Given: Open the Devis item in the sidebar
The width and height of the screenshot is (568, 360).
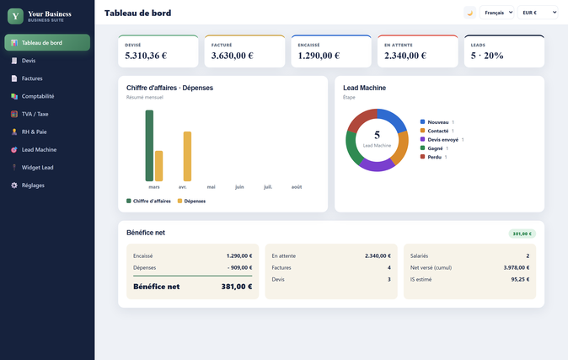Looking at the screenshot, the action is click(x=29, y=61).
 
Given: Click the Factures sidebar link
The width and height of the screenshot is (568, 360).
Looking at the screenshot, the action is click(x=32, y=78).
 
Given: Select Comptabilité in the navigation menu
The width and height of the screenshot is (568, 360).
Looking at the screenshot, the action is click(x=38, y=96).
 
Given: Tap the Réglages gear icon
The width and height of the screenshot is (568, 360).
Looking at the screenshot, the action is click(x=14, y=185).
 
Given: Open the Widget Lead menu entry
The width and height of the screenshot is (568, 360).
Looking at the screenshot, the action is click(x=37, y=168).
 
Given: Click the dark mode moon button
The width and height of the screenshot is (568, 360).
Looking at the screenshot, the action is click(x=470, y=13).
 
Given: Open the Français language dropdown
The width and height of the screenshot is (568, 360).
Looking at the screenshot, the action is click(x=496, y=13).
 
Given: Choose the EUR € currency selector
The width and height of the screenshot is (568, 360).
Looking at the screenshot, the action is click(x=538, y=13).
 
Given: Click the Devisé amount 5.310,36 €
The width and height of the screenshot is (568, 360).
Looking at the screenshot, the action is click(x=146, y=56).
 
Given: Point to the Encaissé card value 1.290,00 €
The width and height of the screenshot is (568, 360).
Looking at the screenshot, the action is click(x=319, y=56).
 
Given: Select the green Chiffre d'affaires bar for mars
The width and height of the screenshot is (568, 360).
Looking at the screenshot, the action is click(x=149, y=145).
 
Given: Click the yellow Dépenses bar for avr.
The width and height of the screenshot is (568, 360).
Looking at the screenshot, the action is click(x=187, y=156).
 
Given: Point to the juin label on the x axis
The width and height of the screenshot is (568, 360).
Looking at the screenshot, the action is click(x=239, y=187).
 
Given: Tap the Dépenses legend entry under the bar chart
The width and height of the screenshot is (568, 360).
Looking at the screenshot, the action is click(x=191, y=201).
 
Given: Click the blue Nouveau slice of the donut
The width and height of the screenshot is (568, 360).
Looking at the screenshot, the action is click(x=393, y=120).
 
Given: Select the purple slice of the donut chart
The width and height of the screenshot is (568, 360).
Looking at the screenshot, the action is click(x=377, y=165).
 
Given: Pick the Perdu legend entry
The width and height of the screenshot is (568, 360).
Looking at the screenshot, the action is click(x=434, y=157).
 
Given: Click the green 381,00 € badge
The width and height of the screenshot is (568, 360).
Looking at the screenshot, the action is click(x=522, y=234).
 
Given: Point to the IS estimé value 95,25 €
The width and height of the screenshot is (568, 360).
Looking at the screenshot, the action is click(x=520, y=280).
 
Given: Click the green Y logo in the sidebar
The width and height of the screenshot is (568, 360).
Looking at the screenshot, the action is click(x=15, y=16).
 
